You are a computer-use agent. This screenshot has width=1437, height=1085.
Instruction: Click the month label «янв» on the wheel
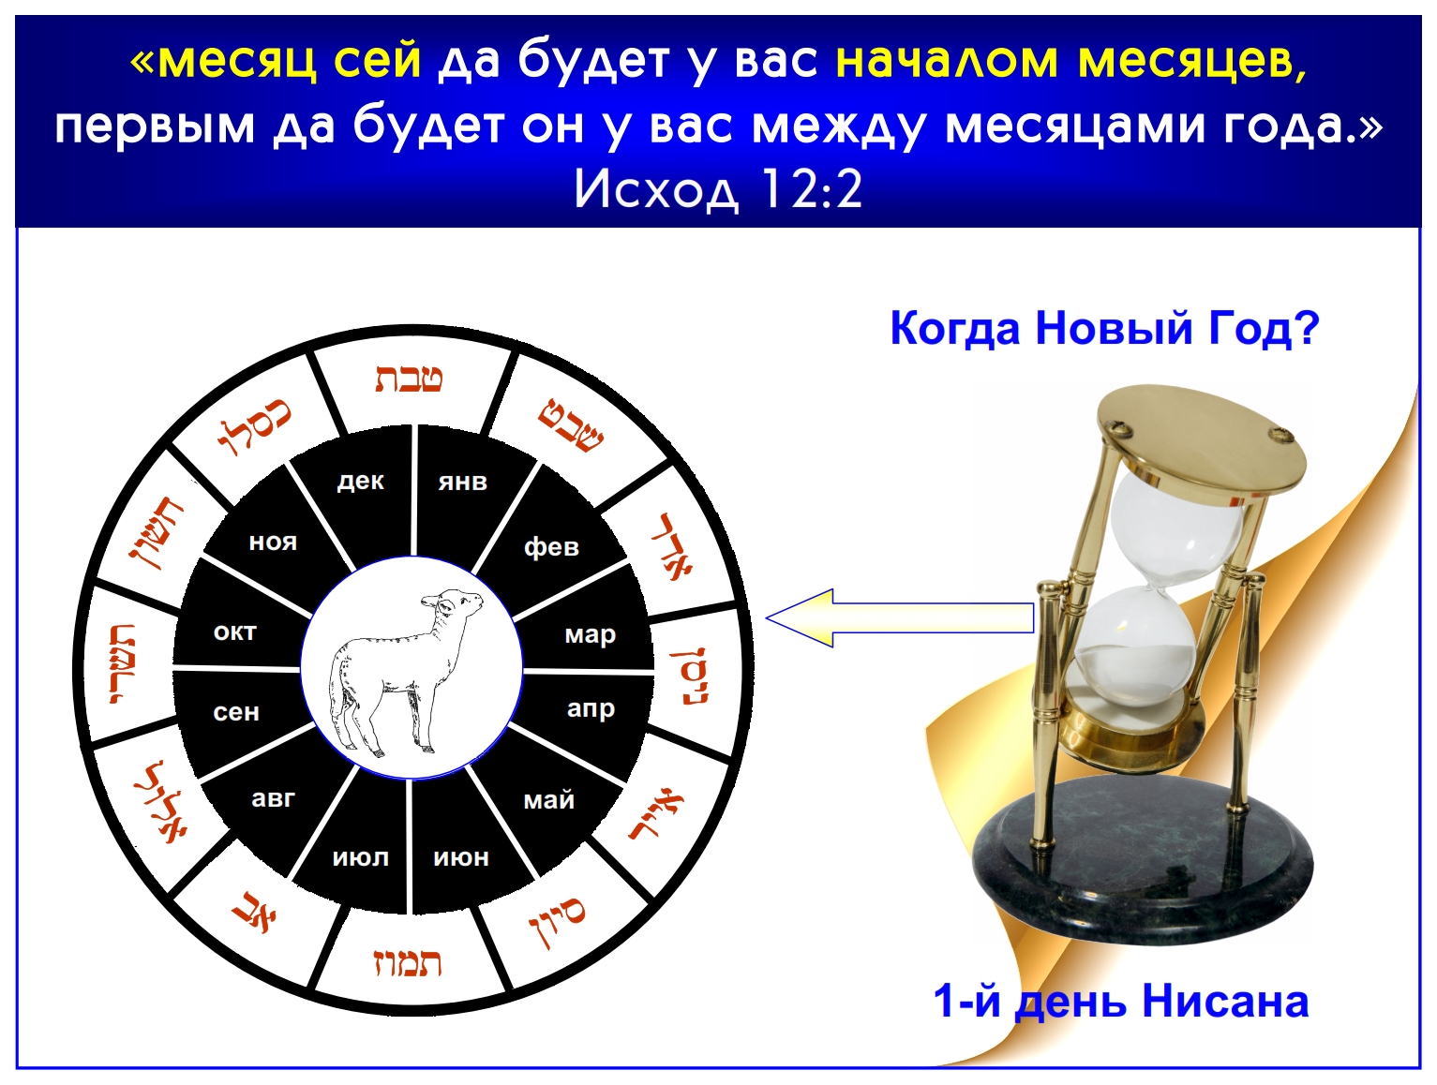tap(463, 483)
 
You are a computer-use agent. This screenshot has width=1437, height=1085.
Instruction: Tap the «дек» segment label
tap(360, 483)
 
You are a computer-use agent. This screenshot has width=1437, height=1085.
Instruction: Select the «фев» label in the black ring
tap(551, 546)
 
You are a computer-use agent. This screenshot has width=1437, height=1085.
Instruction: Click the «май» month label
tap(548, 799)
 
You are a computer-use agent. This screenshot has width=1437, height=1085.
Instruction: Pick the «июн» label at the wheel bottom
tap(461, 857)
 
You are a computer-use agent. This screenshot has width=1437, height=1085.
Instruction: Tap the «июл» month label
tap(360, 857)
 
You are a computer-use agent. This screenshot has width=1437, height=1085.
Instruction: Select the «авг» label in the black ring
tap(273, 799)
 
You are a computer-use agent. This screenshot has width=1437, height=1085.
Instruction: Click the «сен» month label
tap(235, 712)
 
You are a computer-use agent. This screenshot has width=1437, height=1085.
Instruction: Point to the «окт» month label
tap(235, 632)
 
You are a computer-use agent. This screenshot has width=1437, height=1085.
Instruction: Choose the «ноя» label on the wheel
tap(273, 542)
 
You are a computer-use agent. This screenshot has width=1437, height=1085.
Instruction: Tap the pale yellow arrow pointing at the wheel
tap(900, 617)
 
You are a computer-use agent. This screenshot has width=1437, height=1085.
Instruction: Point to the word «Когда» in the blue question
tap(955, 328)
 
